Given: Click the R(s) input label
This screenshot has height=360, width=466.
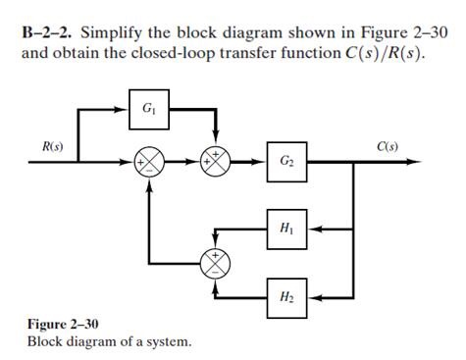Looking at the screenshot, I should (52, 147).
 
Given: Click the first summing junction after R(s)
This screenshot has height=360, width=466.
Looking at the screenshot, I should (149, 161).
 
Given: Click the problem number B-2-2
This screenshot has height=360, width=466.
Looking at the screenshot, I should (49, 32).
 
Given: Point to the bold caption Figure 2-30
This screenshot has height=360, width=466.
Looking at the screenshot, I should (63, 324).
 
